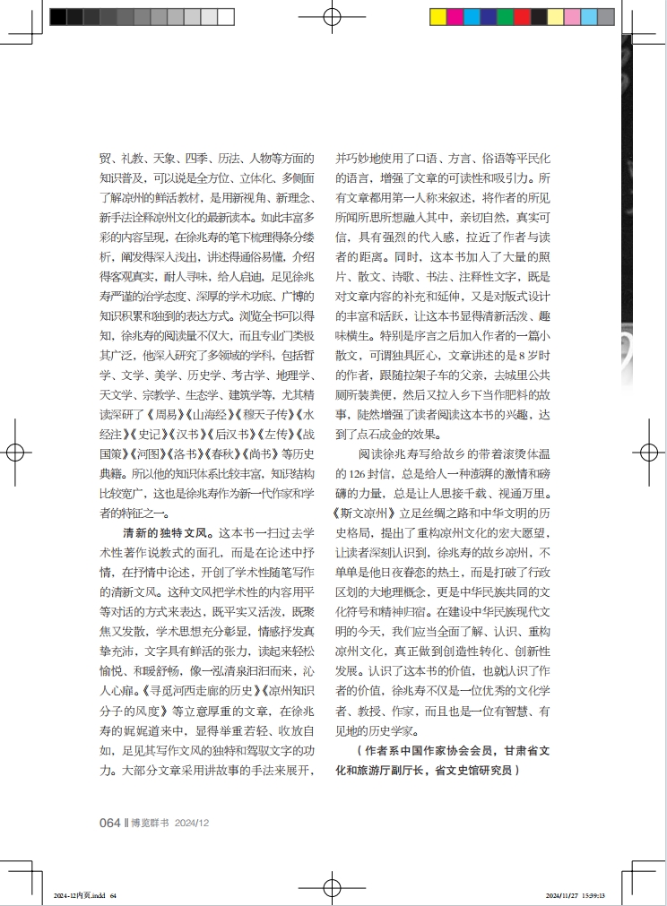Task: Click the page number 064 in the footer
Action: coord(109,822)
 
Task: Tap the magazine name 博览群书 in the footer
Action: coord(150,823)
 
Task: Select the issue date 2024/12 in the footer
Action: coord(192,823)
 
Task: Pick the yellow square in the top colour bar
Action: coord(438,16)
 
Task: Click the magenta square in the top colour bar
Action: coord(455,16)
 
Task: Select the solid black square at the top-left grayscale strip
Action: coord(57,16)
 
